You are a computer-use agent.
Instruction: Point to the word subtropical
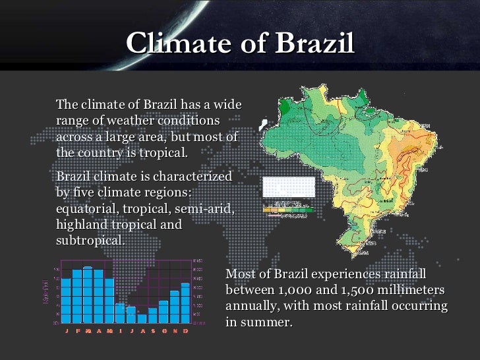coord(90,240)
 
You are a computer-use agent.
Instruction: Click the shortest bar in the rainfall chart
coord(142,318)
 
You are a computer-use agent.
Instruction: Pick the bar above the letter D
coord(185,303)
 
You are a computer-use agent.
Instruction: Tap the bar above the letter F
coord(76,296)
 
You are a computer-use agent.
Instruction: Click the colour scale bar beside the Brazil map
coord(288,209)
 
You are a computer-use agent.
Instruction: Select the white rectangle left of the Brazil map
coord(288,187)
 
